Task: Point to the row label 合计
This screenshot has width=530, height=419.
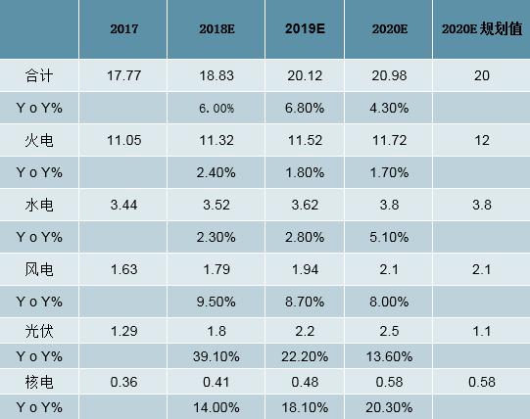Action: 38,74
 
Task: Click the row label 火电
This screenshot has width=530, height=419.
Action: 38,141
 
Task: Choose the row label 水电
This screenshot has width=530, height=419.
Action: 38,206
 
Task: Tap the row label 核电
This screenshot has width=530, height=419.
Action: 38,378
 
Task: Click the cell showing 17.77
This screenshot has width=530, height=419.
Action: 123,74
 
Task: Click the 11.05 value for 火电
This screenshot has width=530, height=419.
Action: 123,141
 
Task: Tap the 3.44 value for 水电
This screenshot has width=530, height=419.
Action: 123,206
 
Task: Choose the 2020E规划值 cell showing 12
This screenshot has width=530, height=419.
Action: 480,141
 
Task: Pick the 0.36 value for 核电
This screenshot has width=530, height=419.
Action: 123,378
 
